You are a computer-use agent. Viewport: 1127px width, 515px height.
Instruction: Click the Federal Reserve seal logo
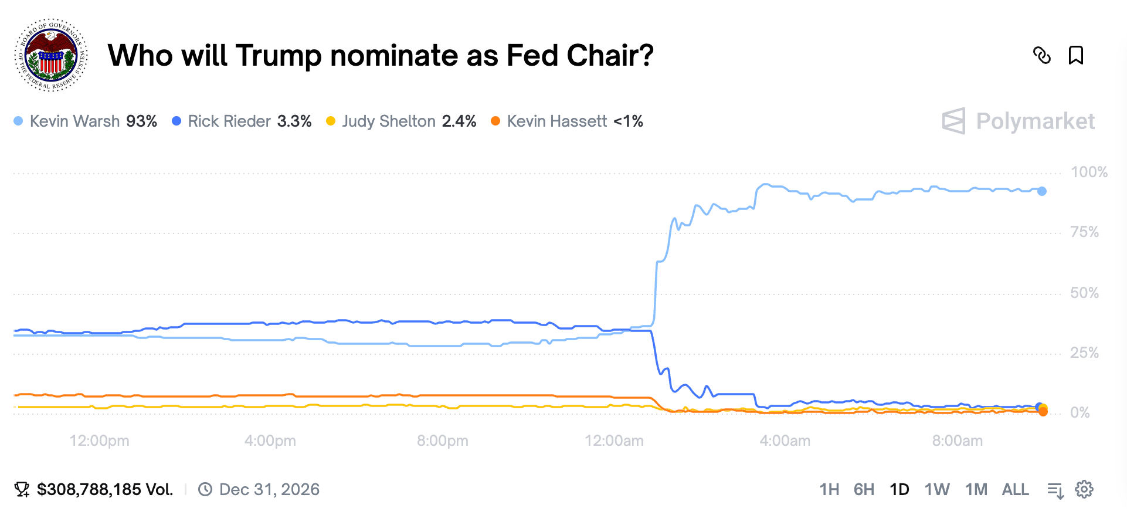(x=51, y=55)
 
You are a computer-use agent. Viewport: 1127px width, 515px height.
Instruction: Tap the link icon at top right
(x=1041, y=55)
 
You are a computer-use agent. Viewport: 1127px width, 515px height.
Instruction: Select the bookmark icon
(x=1075, y=55)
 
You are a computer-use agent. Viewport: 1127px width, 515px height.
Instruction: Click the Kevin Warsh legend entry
(x=86, y=121)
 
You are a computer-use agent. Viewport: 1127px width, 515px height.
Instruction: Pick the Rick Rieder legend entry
(x=242, y=121)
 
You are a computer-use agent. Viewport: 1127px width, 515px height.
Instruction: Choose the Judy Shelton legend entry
(x=401, y=121)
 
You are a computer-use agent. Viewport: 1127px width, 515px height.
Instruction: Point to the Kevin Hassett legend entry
(x=567, y=121)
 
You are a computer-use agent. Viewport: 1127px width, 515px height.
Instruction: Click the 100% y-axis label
(x=1089, y=172)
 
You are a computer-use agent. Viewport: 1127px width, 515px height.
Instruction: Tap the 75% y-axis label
(x=1084, y=232)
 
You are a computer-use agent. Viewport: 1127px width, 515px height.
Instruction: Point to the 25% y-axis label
(x=1084, y=353)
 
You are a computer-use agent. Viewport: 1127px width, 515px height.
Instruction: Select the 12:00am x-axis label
(x=614, y=441)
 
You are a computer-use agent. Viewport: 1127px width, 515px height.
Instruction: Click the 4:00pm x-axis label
(x=270, y=441)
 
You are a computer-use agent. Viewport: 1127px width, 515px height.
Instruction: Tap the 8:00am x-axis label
(x=957, y=441)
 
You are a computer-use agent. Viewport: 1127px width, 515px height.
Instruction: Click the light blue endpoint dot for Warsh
(x=1041, y=191)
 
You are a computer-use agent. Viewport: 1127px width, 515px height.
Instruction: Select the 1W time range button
(x=936, y=490)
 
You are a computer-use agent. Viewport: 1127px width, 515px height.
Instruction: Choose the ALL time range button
(x=1015, y=490)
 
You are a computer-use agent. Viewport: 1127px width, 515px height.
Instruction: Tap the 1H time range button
(x=829, y=490)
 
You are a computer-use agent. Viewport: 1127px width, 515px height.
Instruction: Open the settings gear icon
(x=1084, y=490)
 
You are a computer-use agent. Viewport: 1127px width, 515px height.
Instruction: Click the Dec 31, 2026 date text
(x=269, y=490)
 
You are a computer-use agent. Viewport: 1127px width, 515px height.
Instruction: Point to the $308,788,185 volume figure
(x=104, y=490)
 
